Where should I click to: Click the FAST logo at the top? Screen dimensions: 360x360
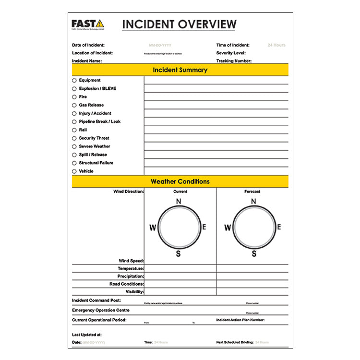coord(87,24)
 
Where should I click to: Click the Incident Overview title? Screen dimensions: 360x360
coord(179,24)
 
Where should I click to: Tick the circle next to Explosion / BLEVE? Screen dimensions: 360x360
coord(74,89)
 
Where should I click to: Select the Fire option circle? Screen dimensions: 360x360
coord(74,97)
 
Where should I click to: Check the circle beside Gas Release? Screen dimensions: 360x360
coord(74,105)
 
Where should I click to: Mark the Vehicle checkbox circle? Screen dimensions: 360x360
coord(74,171)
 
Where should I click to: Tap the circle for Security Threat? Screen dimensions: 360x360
coord(74,138)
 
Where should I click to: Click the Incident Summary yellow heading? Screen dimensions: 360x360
coord(180,70)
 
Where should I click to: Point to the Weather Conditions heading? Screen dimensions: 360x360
coord(180,182)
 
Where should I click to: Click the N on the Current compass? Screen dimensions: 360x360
coord(179,202)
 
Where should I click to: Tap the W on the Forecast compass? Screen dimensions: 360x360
coord(228,228)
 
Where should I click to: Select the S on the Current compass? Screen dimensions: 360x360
coord(179,254)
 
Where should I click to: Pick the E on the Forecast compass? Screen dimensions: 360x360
coord(279,227)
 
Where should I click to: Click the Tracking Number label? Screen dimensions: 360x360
coord(234,61)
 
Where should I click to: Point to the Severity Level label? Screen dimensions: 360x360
coord(231,53)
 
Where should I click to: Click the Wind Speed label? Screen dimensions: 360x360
coord(131,261)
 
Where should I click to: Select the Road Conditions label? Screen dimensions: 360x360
coord(126,284)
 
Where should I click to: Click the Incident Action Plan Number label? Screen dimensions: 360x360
coord(240,320)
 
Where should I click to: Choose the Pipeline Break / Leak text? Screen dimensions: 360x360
coord(100,122)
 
